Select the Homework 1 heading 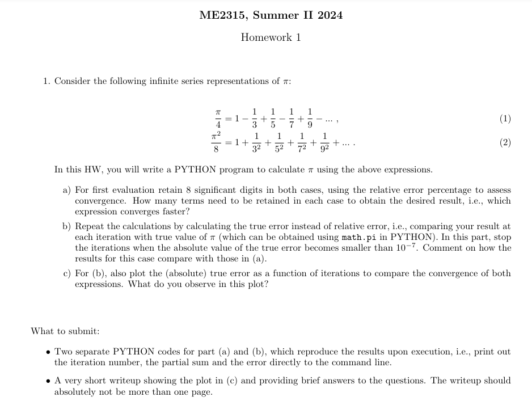click(271, 37)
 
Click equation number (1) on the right click(505, 119)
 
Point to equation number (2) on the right click(505, 142)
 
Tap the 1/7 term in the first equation click(292, 119)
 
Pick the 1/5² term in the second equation click(279, 142)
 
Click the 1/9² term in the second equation click(324, 142)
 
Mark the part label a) click(67, 190)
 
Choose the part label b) click(67, 226)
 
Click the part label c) click(67, 273)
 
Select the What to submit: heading click(65, 331)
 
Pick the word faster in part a click(176, 211)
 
